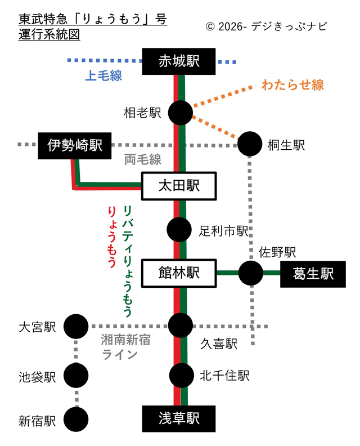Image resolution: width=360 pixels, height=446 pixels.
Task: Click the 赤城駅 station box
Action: pyautogui.click(x=179, y=61)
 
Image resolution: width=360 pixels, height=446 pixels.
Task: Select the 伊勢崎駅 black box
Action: pyautogui.click(x=75, y=146)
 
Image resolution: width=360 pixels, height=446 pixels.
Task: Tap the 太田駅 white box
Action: pyautogui.click(x=179, y=186)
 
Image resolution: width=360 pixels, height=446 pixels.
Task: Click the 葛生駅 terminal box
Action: pyautogui.click(x=313, y=274)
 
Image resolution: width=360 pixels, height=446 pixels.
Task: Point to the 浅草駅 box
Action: pyautogui.click(x=179, y=418)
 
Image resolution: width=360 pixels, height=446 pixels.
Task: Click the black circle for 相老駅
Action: pyautogui.click(x=181, y=113)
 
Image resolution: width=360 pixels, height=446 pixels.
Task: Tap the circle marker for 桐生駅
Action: pyautogui.click(x=250, y=144)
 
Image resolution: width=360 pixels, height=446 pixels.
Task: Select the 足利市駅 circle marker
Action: pyautogui.click(x=180, y=229)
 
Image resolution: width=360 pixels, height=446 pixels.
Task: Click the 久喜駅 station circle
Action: pyautogui.click(x=181, y=325)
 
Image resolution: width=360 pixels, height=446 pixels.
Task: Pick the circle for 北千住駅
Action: pyautogui.click(x=181, y=374)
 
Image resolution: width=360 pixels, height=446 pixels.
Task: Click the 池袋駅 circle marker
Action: pyautogui.click(x=76, y=374)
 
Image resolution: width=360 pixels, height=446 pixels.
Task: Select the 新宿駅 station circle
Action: pyautogui.click(x=76, y=419)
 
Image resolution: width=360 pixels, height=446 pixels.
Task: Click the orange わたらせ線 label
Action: pyautogui.click(x=292, y=86)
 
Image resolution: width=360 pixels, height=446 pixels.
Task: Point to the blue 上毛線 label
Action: pyautogui.click(x=103, y=76)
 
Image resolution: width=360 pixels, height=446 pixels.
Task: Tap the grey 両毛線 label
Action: pyautogui.click(x=143, y=159)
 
